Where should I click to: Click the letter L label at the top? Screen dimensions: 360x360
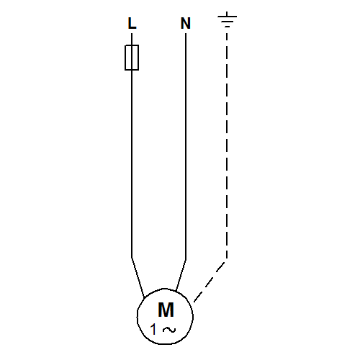[132, 23]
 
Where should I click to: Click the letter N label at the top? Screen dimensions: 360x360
[186, 23]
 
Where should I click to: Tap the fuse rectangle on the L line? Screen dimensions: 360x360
[132, 58]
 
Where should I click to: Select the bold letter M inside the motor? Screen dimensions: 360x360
[166, 310]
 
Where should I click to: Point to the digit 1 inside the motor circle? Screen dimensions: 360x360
[153, 329]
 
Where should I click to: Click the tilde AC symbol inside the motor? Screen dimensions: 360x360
[169, 330]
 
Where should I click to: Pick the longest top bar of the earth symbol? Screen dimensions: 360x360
[227, 17]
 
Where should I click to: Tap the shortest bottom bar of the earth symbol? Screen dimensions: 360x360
[227, 27]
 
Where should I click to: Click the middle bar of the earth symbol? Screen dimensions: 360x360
[227, 22]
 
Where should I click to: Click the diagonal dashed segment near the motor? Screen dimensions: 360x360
[210, 282]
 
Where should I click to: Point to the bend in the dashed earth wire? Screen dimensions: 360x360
[227, 260]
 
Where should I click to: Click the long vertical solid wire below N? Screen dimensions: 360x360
[186, 146]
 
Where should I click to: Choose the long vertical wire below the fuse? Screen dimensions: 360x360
[132, 164]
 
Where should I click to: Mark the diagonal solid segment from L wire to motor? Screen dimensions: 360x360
[138, 278]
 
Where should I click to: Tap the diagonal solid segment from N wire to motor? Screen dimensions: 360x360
[181, 276]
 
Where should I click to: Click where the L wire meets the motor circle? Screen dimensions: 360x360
[144, 298]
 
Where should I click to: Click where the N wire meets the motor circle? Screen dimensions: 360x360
[176, 292]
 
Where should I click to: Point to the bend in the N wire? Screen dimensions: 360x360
[186, 260]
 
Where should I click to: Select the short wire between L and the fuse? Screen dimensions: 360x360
[132, 39]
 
